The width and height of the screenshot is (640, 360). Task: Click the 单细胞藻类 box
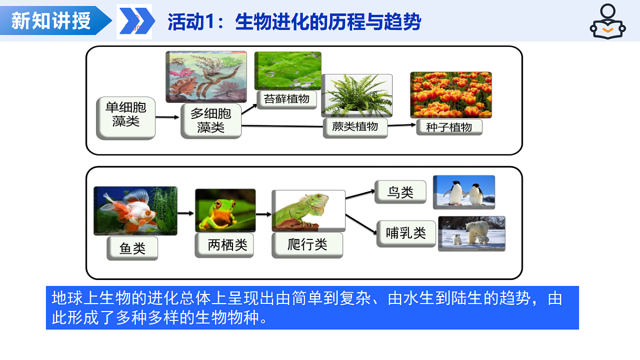(126, 118)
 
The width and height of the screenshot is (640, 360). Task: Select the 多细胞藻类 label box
(211, 121)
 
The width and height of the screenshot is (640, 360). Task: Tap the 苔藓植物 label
(286, 99)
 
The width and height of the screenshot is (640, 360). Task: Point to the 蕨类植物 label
(355, 127)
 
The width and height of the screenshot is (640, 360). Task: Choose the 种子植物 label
(449, 127)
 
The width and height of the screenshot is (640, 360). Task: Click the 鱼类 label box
(132, 249)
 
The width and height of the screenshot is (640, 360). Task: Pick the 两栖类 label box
(223, 245)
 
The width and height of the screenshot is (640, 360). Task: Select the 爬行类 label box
(307, 245)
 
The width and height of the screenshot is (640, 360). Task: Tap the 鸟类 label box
(401, 193)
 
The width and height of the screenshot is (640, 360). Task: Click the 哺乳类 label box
(406, 233)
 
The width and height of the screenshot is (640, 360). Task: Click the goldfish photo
(135, 211)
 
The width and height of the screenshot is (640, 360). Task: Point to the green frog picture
(225, 210)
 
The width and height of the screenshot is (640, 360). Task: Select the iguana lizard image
(308, 211)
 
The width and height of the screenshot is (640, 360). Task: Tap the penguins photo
(463, 192)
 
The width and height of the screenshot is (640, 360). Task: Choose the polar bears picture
(471, 233)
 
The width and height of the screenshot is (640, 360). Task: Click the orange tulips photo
(451, 95)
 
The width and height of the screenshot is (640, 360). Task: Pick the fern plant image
(357, 96)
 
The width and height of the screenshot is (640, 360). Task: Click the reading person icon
(607, 21)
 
